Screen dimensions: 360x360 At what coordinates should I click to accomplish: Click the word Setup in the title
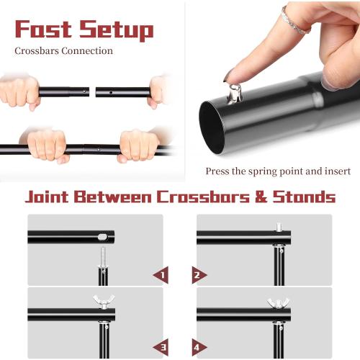click(115, 30)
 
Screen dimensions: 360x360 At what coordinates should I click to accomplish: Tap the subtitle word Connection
click(91, 51)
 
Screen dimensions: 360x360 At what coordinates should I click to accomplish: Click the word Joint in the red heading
click(55, 197)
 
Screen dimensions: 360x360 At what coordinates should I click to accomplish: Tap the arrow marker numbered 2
click(199, 274)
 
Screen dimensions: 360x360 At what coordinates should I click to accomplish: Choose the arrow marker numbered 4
click(199, 347)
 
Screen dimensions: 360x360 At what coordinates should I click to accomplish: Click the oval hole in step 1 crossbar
click(102, 236)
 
